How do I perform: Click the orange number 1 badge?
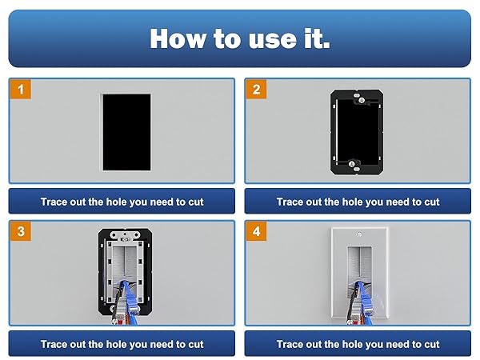pyautogui.click(x=21, y=90)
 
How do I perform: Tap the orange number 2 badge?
pyautogui.click(x=256, y=90)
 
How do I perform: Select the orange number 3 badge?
pyautogui.click(x=21, y=231)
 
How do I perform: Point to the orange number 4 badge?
pyautogui.click(x=256, y=231)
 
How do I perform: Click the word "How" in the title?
pyautogui.click(x=178, y=38)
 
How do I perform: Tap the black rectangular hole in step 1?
pyautogui.click(x=126, y=132)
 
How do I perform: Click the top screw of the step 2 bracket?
pyautogui.click(x=362, y=100)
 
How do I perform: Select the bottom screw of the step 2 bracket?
pyautogui.click(x=352, y=163)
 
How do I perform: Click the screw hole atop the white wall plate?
pyautogui.click(x=359, y=234)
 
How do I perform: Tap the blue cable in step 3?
pyautogui.click(x=130, y=298)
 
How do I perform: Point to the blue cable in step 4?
pyautogui.click(x=364, y=303)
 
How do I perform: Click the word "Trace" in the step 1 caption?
pyautogui.click(x=54, y=202)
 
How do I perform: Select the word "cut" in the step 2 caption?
pyautogui.click(x=432, y=202)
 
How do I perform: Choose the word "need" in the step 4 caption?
pyautogui.click(x=398, y=344)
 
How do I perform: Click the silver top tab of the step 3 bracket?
pyautogui.click(x=125, y=234)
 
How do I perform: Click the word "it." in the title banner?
pyautogui.click(x=317, y=39)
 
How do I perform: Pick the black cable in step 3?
pyautogui.click(x=117, y=303)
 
